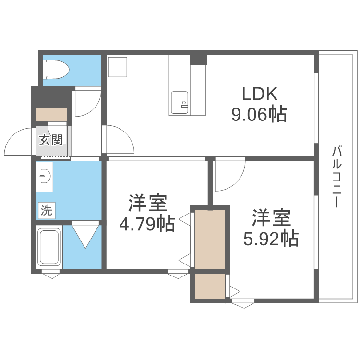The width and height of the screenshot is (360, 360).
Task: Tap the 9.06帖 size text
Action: point(259,115)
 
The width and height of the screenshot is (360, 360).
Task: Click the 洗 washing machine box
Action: point(47,210)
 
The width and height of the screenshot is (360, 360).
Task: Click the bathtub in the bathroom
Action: point(48,248)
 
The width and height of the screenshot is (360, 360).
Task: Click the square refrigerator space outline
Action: point(117,67)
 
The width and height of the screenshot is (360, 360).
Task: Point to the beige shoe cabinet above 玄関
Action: point(51,115)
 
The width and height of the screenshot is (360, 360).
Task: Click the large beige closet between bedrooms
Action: point(210,239)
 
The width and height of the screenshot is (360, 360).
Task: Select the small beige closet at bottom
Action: point(210,286)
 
